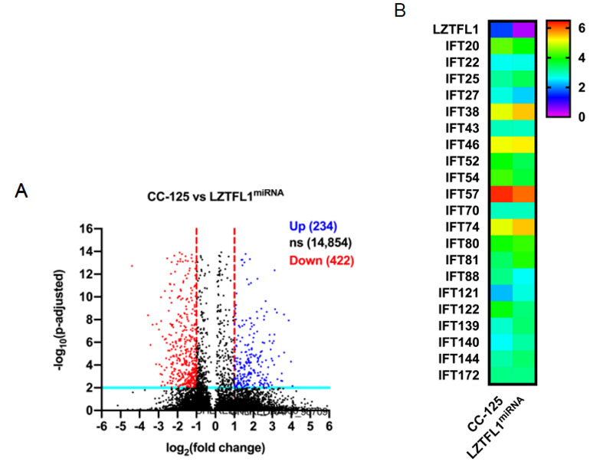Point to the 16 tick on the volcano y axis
[x=85, y=228]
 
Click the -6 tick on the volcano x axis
[x=100, y=425]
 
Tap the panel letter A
[x=23, y=193]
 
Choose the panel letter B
[x=400, y=11]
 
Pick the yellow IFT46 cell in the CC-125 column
[x=502, y=143]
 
